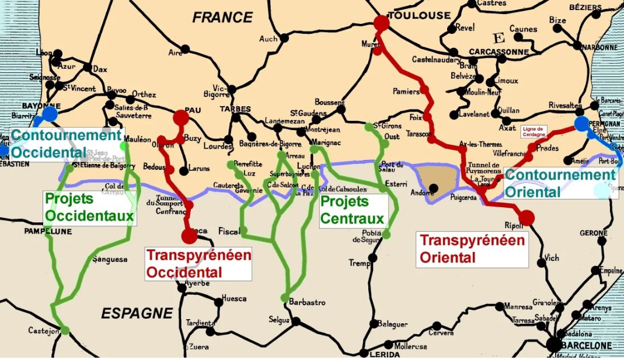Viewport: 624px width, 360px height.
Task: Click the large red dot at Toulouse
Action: click(x=381, y=23)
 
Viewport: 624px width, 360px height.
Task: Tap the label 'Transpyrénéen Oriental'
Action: click(x=472, y=249)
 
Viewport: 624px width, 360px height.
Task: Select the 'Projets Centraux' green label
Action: click(x=353, y=210)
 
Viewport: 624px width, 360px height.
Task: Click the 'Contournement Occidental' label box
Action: click(x=66, y=144)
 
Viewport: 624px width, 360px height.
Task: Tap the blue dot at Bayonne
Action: click(x=50, y=113)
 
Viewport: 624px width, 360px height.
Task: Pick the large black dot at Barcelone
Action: click(x=554, y=344)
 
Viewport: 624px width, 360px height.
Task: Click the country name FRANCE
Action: click(x=222, y=18)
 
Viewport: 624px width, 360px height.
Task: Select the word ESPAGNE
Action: click(x=137, y=313)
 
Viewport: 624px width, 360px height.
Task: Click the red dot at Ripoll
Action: click(x=527, y=218)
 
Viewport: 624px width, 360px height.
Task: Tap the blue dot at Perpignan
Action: click(x=581, y=124)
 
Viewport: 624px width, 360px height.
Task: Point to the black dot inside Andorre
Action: click(x=433, y=187)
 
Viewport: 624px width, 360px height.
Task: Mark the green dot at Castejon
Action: click(x=65, y=330)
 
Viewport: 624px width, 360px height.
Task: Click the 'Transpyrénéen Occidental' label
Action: click(x=199, y=263)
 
